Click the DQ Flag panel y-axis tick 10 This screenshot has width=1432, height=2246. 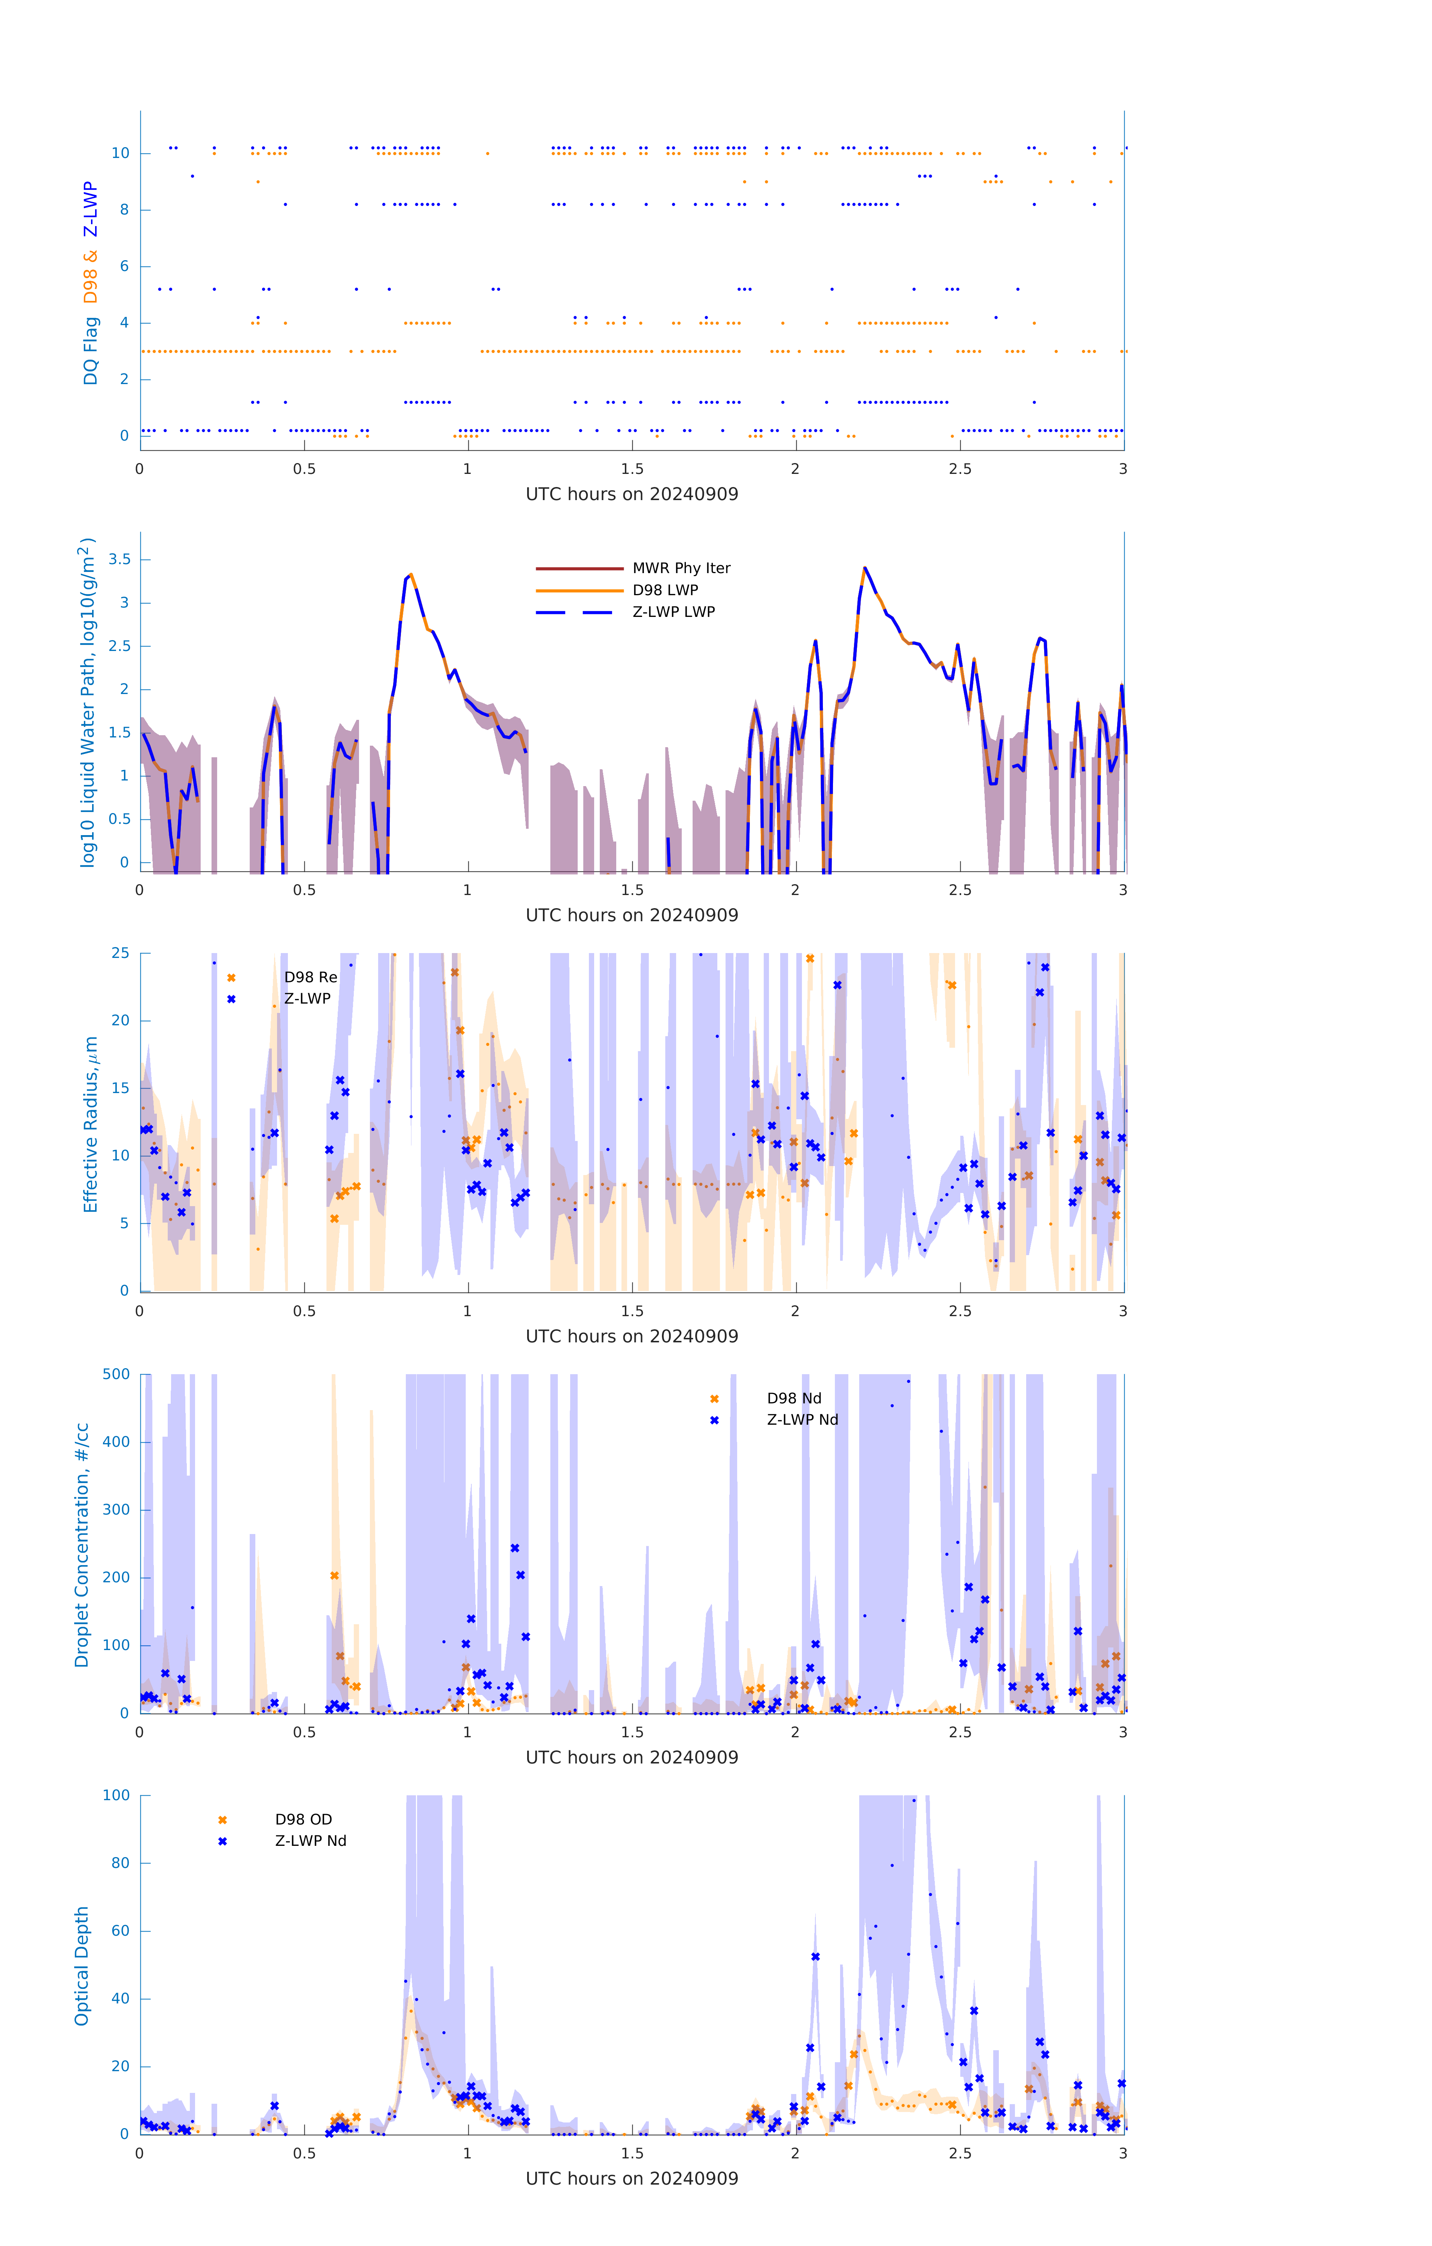pos(120,153)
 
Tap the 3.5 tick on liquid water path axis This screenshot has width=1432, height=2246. pos(119,560)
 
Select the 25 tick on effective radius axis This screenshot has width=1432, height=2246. pos(120,953)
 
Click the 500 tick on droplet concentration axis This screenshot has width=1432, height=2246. pos(116,1374)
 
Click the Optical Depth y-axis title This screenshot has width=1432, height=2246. pos(82,1965)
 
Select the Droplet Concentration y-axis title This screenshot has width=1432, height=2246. pos(82,1544)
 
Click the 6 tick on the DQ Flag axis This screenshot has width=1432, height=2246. pos(124,266)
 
